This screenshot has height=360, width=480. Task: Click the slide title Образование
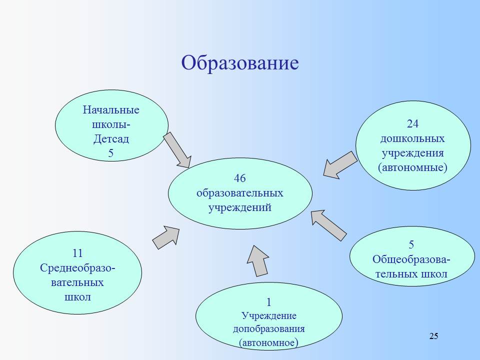(240, 63)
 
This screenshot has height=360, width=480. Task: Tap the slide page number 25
(433, 336)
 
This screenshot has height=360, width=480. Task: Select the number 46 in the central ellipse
(240, 178)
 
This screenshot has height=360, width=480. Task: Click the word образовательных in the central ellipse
(240, 193)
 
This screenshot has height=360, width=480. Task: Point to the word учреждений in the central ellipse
(240, 208)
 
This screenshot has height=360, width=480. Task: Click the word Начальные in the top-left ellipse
(111, 110)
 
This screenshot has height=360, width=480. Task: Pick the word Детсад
(111, 139)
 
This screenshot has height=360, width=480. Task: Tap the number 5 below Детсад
(111, 153)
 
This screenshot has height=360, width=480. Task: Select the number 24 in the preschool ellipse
(412, 123)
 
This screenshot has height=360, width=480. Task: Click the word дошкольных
(412, 139)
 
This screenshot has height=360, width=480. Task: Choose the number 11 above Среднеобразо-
(78, 253)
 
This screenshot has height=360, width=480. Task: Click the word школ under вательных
(78, 297)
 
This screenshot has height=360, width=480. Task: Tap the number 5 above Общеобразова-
(411, 244)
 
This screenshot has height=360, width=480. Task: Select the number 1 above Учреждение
(269, 302)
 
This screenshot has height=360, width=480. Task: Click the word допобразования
(269, 329)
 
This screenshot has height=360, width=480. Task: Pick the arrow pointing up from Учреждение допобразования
(258, 261)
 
